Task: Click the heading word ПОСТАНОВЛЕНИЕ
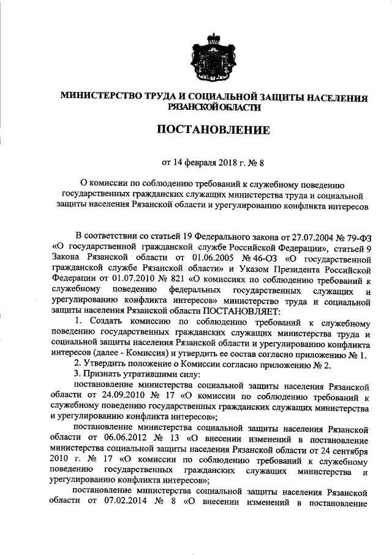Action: tap(214, 130)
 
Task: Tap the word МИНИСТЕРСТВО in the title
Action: tap(96, 97)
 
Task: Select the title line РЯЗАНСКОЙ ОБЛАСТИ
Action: tap(214, 107)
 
